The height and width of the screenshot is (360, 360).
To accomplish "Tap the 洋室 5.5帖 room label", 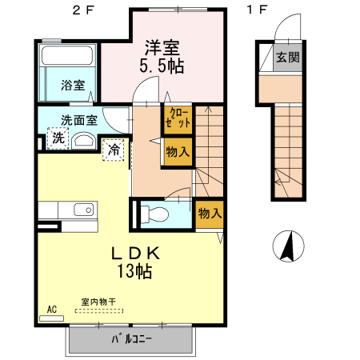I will click(x=165, y=57).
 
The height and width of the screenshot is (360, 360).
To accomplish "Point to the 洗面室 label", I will click(x=78, y=121).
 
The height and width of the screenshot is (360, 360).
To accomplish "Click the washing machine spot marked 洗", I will click(x=58, y=138).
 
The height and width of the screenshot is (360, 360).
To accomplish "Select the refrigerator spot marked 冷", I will click(x=114, y=149).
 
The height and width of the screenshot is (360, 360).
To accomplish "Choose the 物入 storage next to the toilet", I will click(x=210, y=214).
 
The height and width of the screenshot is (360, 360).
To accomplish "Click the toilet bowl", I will click(x=157, y=214).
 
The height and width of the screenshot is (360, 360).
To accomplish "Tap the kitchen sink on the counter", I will click(x=83, y=210).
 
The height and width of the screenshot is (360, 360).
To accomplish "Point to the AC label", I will click(x=51, y=309).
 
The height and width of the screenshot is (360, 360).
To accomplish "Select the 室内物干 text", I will click(x=98, y=302).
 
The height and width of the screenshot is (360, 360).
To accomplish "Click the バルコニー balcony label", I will click(x=131, y=338).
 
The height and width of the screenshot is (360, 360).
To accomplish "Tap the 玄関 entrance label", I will click(x=287, y=58).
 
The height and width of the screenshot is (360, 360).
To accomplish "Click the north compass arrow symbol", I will click(x=288, y=245).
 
